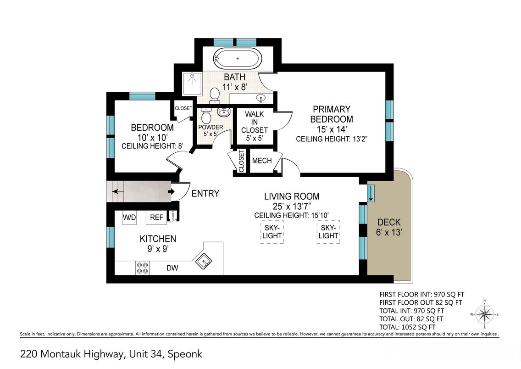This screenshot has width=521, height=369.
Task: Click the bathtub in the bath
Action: click(x=237, y=58)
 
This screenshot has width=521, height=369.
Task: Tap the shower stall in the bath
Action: click(x=192, y=84)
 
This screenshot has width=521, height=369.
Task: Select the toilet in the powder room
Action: click(x=206, y=116)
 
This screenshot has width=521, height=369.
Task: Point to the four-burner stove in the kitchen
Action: click(x=143, y=268)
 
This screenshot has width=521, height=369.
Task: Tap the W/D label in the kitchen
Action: click(x=129, y=218)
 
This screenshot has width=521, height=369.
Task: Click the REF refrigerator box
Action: click(x=156, y=218)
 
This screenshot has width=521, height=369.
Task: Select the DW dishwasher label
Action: click(x=172, y=268)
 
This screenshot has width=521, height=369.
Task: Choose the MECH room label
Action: click(x=262, y=161)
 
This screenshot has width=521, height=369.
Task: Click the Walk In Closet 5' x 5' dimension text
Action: click(x=255, y=138)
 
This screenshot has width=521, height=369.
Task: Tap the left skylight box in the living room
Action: click(x=272, y=232)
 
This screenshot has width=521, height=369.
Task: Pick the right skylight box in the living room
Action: click(x=328, y=232)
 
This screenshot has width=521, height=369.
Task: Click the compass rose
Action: click(x=484, y=314)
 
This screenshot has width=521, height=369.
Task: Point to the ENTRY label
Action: click(x=205, y=194)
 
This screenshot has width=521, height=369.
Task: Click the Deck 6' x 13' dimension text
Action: click(x=389, y=232)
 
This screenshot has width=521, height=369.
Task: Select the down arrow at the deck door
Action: click(x=371, y=194)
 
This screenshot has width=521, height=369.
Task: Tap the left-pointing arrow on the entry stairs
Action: click(x=117, y=192)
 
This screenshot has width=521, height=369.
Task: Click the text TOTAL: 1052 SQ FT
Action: click(x=407, y=327)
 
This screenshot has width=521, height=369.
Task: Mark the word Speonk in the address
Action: click(x=185, y=354)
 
